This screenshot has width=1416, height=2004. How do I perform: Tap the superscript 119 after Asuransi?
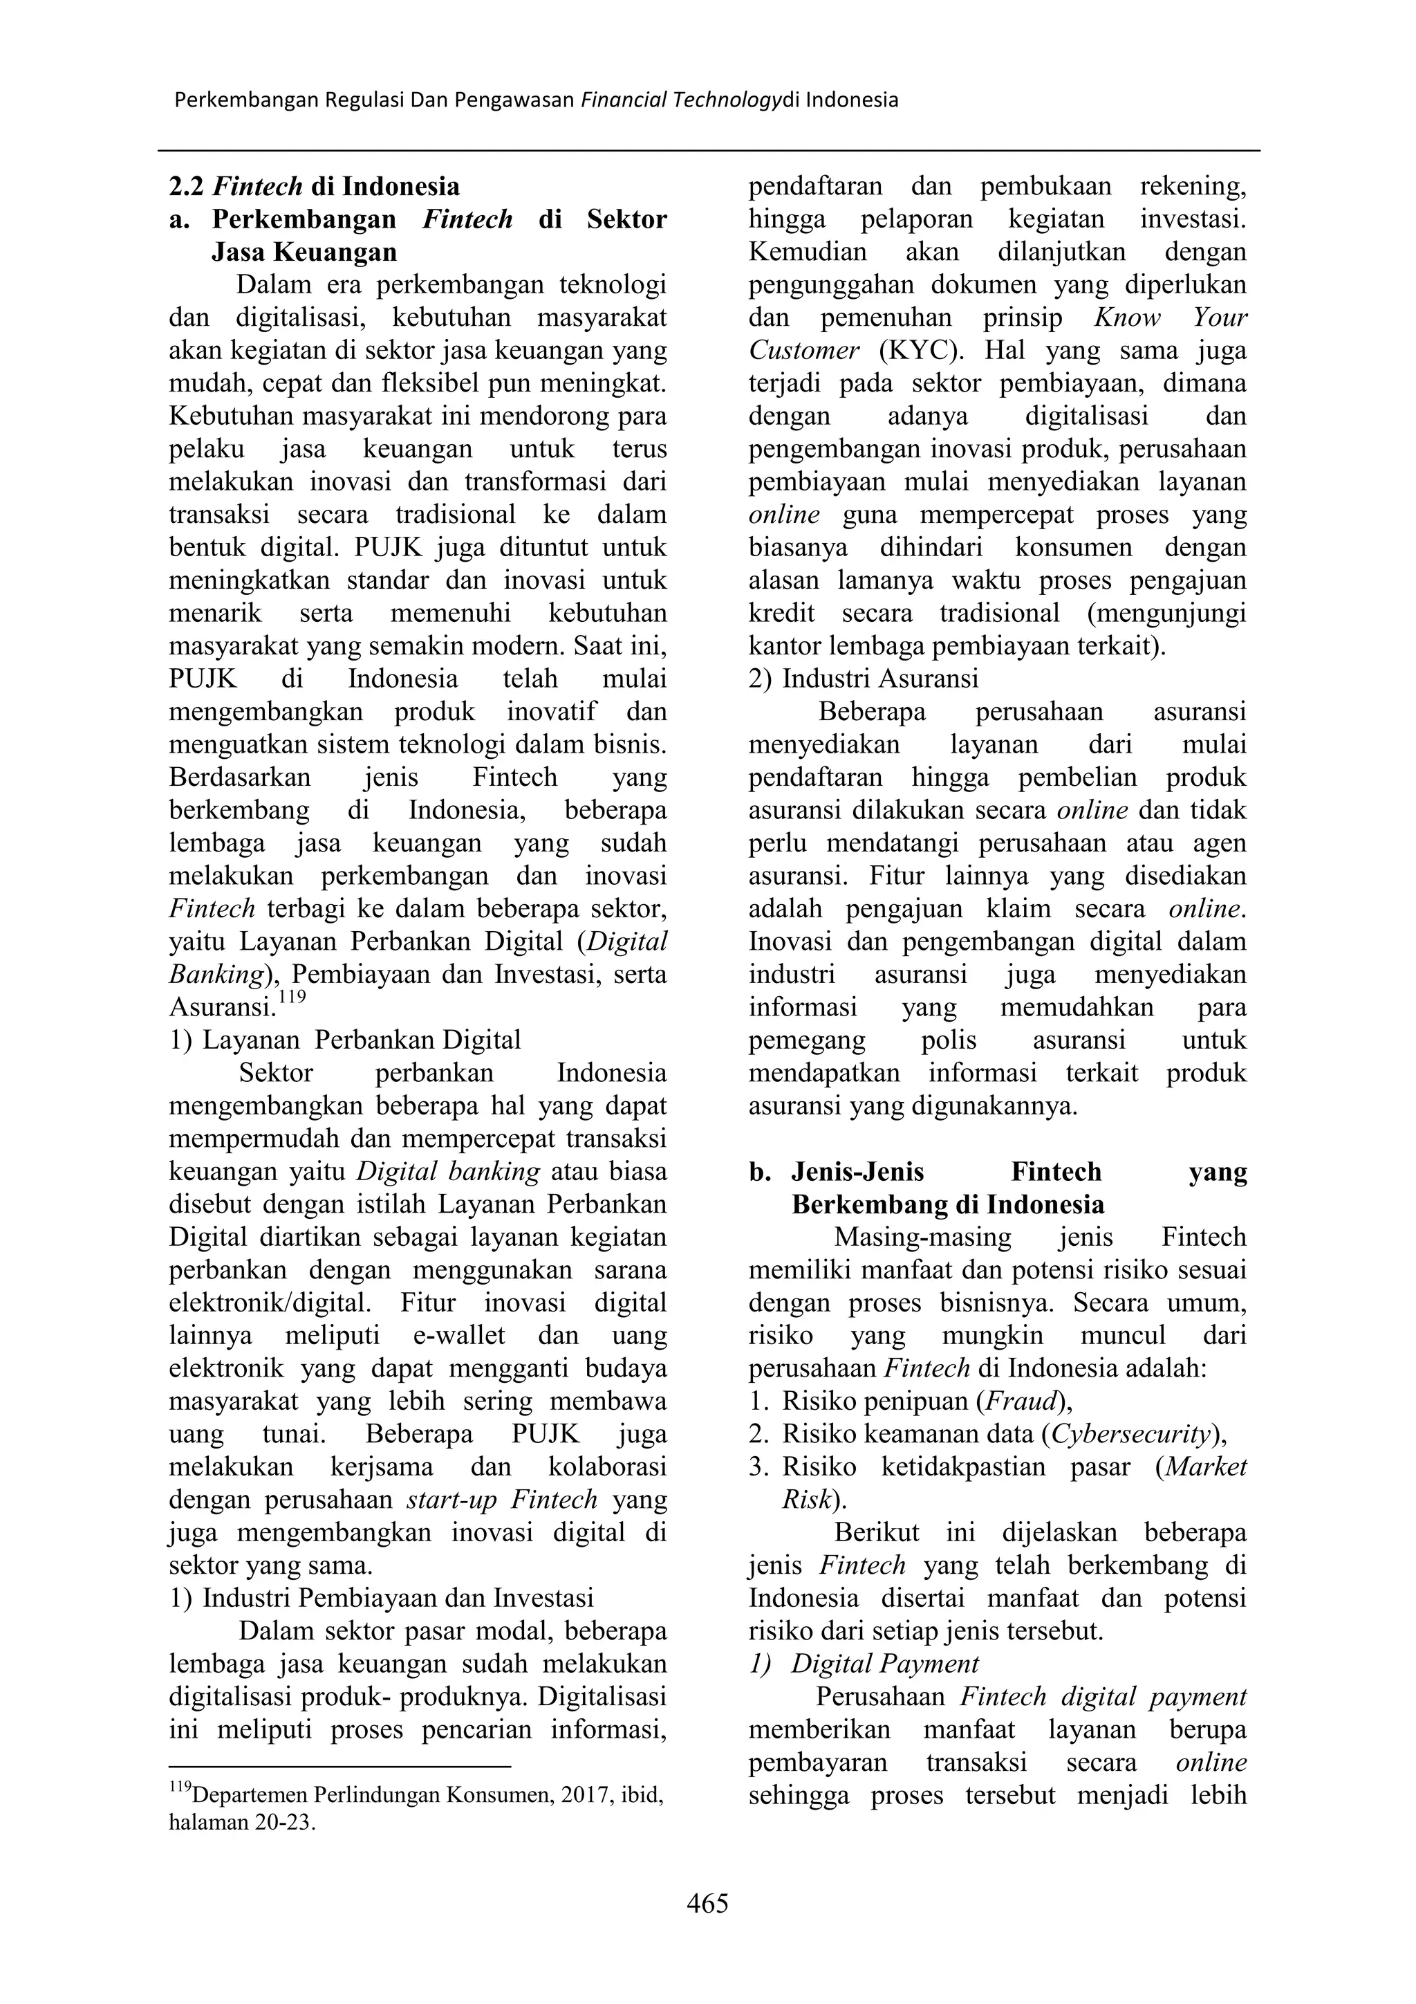292,997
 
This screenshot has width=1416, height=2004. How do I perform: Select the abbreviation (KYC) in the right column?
917,351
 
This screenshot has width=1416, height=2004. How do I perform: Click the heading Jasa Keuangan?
304,252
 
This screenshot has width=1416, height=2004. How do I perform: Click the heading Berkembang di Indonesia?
947,1204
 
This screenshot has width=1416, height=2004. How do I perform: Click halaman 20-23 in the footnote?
242,1823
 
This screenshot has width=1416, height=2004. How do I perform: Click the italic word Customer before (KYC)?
803,351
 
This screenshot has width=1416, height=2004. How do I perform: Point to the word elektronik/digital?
270,1303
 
